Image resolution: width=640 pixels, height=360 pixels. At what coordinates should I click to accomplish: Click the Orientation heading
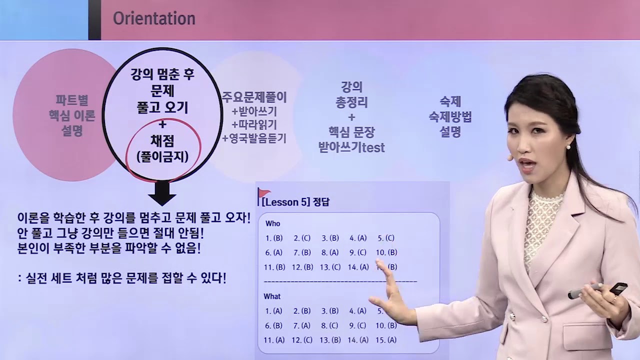coord(154,18)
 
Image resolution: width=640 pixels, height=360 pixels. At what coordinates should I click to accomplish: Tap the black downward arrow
coord(162,192)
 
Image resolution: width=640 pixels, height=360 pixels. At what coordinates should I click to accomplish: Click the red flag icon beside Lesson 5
coord(263,193)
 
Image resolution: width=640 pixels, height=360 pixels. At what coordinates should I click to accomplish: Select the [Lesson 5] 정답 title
coord(295,202)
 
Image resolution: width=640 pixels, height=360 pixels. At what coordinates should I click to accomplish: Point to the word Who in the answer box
coord(272,223)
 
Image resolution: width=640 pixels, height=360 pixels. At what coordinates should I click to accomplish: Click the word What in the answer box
coord(272,296)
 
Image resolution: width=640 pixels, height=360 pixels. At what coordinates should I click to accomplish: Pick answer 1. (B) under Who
coord(274,238)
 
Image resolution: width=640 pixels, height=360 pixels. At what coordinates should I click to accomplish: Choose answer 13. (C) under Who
coord(330,267)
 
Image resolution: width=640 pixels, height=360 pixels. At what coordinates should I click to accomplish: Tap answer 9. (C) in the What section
coord(358,325)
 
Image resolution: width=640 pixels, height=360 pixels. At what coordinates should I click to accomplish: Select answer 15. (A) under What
coord(385,340)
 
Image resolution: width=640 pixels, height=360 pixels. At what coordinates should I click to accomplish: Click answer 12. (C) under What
coord(302,340)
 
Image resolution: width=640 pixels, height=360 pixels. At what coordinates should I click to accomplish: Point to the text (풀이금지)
coord(162,156)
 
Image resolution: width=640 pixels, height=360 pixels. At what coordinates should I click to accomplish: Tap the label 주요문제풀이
coord(254,97)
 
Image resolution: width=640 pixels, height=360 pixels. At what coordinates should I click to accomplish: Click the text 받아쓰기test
coord(351,147)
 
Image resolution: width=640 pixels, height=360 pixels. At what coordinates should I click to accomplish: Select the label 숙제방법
coord(450,117)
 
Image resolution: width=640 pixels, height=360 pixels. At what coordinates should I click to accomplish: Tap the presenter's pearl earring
coord(568,147)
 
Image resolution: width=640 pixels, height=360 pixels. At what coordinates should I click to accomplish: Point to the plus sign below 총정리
coord(351,117)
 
